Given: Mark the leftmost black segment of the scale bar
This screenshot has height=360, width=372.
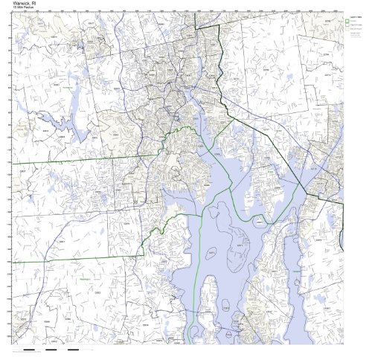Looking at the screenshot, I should (x=30, y=349).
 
